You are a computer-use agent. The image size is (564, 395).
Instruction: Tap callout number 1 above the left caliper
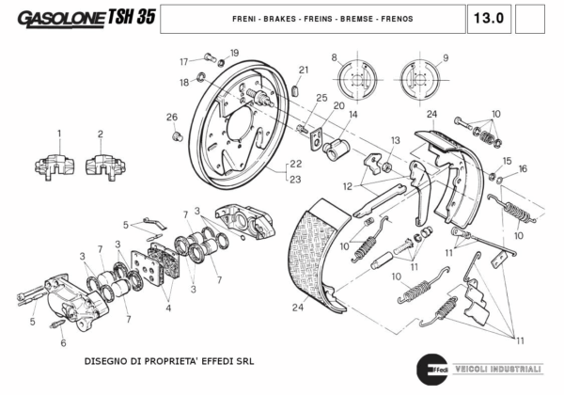tap(58, 134)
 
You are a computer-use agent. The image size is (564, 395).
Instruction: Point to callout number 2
tap(100, 134)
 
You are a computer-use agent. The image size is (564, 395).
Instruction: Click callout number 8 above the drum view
tap(334, 58)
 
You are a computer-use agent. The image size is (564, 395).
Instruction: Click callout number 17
tap(185, 62)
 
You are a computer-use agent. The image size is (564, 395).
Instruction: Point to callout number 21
tap(304, 70)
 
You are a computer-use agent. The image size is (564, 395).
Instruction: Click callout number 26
tap(171, 118)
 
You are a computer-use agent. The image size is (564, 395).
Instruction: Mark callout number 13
tap(395, 140)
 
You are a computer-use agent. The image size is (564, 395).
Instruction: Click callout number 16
tap(524, 169)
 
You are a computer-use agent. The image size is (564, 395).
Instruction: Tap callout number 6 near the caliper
tap(64, 344)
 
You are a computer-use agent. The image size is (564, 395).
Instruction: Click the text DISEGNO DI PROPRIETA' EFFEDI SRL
tap(169, 360)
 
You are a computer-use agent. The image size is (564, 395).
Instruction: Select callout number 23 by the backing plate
tap(295, 179)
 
